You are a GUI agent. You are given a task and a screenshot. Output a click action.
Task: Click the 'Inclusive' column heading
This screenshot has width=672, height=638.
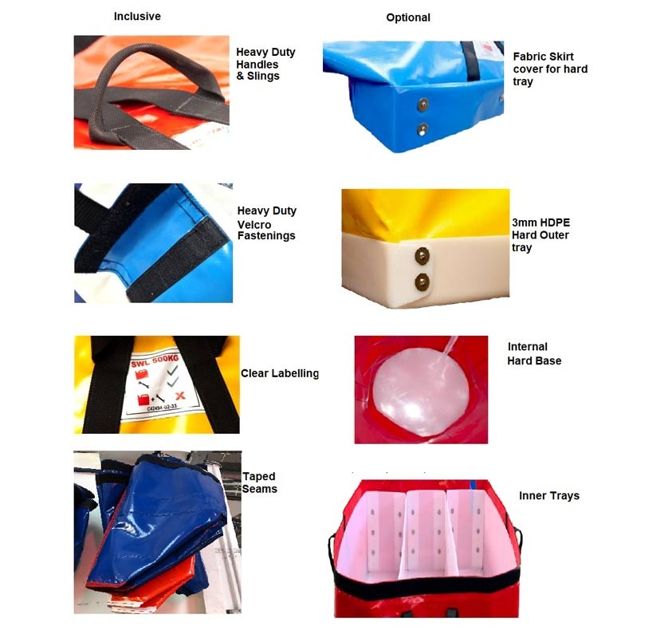(x=138, y=17)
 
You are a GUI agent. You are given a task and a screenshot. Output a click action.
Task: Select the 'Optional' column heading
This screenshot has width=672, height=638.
(x=408, y=18)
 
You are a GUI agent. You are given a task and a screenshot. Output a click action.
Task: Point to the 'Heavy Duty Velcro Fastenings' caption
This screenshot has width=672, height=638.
(x=266, y=223)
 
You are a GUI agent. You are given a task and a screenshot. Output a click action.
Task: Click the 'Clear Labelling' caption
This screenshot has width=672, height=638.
(x=280, y=373)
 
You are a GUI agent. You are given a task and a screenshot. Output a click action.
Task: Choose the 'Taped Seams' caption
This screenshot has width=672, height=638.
(x=260, y=482)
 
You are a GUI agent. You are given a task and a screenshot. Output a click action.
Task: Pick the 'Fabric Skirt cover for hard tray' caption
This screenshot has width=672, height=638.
(x=550, y=69)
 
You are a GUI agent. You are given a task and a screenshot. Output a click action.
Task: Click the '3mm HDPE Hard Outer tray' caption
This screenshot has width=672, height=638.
(x=539, y=235)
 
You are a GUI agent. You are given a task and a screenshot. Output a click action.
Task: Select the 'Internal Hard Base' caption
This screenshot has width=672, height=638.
(x=534, y=354)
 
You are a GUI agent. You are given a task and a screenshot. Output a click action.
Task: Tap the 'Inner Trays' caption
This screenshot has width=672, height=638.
(x=549, y=496)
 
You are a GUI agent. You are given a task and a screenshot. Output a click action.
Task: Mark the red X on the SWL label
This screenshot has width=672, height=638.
(x=181, y=396)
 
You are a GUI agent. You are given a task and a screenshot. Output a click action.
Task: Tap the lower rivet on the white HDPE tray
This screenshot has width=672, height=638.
(x=422, y=280)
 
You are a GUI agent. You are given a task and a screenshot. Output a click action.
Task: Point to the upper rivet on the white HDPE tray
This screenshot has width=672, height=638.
(x=422, y=254)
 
